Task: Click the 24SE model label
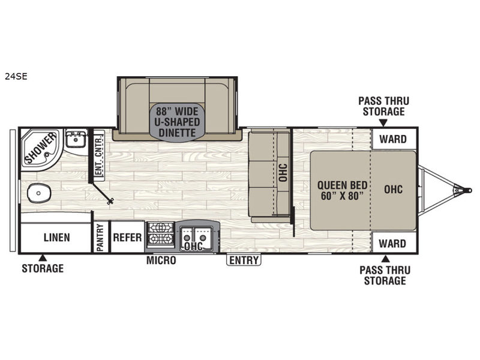pos(16,76)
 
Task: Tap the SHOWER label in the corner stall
pos(40,148)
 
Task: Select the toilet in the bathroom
pos(39,193)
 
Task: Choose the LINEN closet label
pos(56,238)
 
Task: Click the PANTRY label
pos(100,238)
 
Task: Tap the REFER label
pos(127,237)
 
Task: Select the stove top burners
pos(161,234)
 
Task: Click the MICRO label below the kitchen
pos(161,260)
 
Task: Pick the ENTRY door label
pos(244,260)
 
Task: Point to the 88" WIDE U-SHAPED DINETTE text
pos(177,122)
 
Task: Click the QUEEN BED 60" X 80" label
pos(342,190)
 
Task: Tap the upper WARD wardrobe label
pos(393,139)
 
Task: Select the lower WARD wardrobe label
pos(392,244)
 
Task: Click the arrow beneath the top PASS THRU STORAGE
pos(383,123)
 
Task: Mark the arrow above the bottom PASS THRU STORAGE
pos(386,259)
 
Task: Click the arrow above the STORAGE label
pos(43,258)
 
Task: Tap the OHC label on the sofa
pos(283,173)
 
